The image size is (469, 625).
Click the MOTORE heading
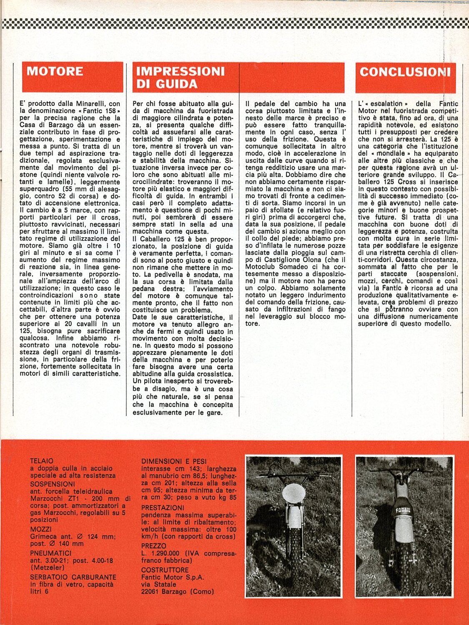point(55,71)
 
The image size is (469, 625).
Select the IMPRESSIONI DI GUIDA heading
point(180,77)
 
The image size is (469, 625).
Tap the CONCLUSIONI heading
point(405,72)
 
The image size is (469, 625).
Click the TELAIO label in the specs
point(42,461)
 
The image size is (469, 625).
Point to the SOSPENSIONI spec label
point(53,484)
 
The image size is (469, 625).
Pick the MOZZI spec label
point(41,529)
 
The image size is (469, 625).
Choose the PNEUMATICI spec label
point(50,553)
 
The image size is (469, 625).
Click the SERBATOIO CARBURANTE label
point(73,577)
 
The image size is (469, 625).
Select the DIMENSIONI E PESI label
point(174,461)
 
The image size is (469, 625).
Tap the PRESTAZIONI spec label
point(163,508)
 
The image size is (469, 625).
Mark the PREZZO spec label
point(153,546)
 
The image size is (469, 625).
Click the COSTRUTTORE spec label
point(165,570)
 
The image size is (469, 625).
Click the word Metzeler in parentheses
point(48,567)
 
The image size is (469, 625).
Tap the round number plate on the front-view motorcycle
point(293,494)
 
